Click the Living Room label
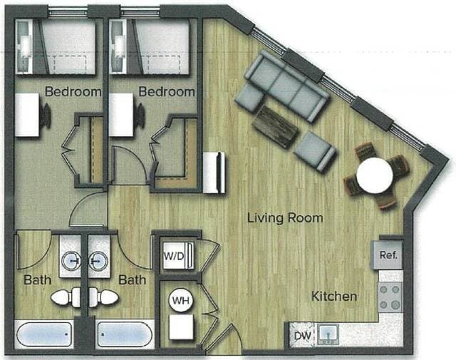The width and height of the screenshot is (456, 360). [x=285, y=217]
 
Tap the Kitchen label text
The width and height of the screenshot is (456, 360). [x=333, y=295]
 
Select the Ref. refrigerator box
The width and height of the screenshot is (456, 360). [x=389, y=254]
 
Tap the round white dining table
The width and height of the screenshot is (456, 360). [x=375, y=175]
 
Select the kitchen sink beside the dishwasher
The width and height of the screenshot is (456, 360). [x=328, y=333]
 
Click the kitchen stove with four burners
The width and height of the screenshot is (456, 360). [x=390, y=297]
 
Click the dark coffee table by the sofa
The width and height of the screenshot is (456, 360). [x=274, y=127]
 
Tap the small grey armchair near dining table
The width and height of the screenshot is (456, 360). [x=316, y=151]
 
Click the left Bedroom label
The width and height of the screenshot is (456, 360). [x=73, y=92]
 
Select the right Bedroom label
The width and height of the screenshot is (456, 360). [x=166, y=92]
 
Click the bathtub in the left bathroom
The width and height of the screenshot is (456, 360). [x=44, y=335]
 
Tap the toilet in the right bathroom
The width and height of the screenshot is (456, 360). [x=105, y=297]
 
